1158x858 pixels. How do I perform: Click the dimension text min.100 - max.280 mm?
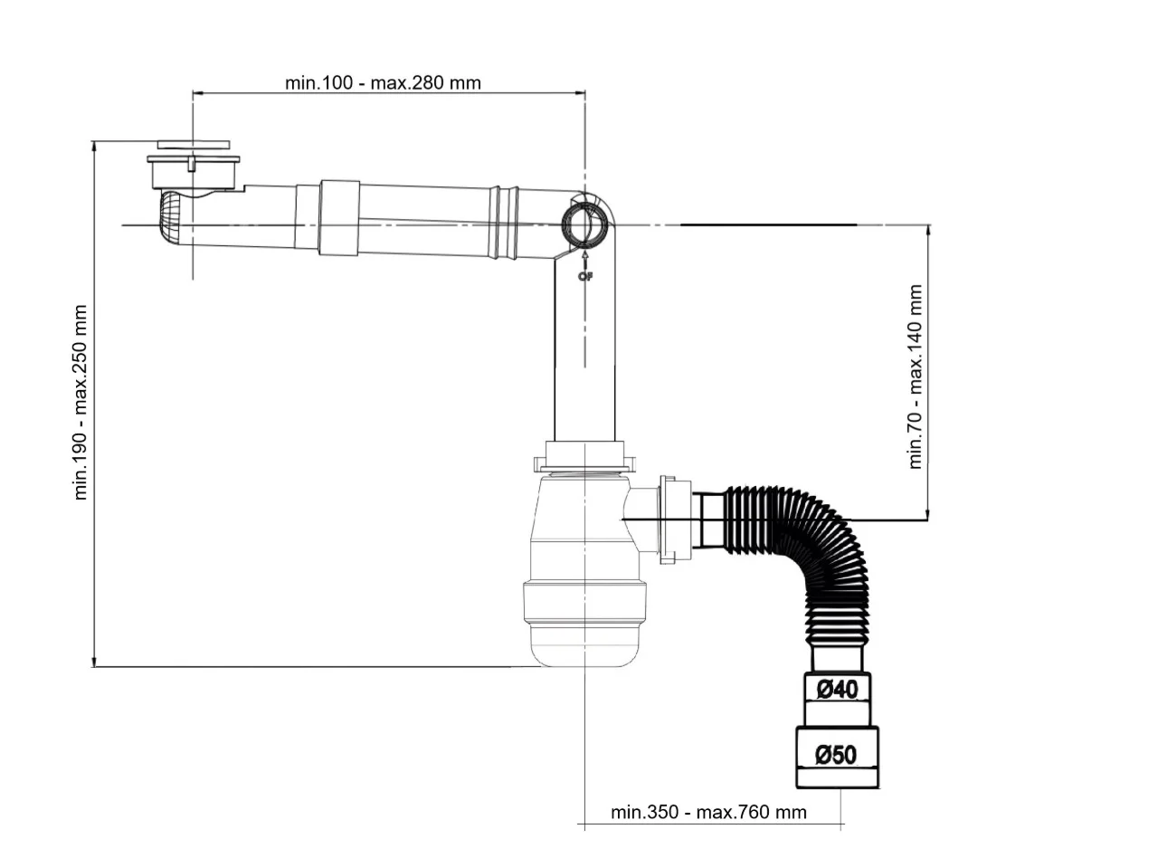[x=383, y=83]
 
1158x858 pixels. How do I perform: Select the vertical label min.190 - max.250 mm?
[x=81, y=403]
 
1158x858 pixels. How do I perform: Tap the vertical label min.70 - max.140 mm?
[x=916, y=377]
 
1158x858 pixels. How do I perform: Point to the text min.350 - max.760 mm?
[x=708, y=812]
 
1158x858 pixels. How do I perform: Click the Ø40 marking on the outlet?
[x=838, y=690]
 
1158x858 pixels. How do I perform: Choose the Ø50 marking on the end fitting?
[x=836, y=755]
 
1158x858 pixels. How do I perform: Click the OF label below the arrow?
[x=586, y=276]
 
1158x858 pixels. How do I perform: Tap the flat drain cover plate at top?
[x=194, y=144]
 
